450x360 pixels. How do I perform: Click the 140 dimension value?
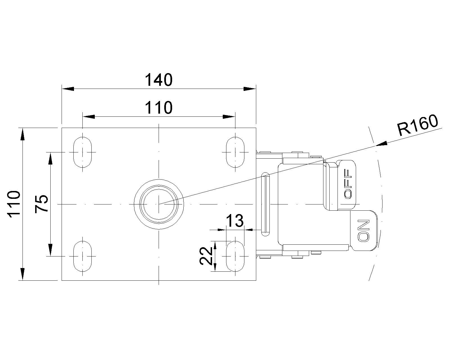tap(158, 80)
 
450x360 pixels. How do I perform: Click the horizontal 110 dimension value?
tap(158, 107)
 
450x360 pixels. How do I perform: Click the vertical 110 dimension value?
tap(14, 204)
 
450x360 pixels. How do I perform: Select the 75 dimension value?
tap(42, 204)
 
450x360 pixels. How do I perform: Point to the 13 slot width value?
tap(235, 221)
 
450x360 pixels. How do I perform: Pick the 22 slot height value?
tap(206, 256)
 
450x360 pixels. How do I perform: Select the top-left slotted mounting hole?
tap(82, 152)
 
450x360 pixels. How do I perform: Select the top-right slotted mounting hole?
tap(235, 152)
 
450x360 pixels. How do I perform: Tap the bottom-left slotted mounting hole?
tap(82, 256)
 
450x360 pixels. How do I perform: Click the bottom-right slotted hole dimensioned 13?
tap(235, 256)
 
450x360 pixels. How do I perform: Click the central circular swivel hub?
tap(159, 204)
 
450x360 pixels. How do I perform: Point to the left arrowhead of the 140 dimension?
tap(67, 89)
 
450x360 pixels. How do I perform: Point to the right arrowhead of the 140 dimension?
tap(250, 89)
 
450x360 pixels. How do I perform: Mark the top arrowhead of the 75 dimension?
tap(50, 158)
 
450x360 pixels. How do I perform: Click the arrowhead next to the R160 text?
tap(381, 144)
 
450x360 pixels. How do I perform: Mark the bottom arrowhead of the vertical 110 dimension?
tap(22, 274)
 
